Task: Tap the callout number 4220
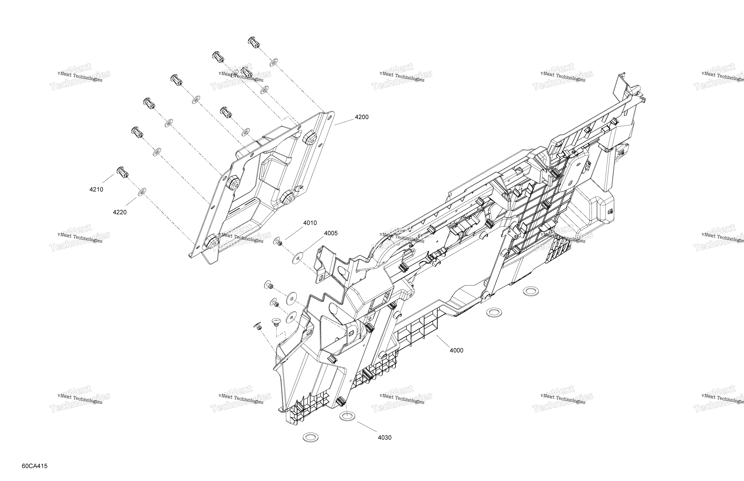point(120,212)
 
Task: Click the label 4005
point(331,233)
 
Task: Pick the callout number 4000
point(456,350)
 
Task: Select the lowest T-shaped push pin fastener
point(257,326)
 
